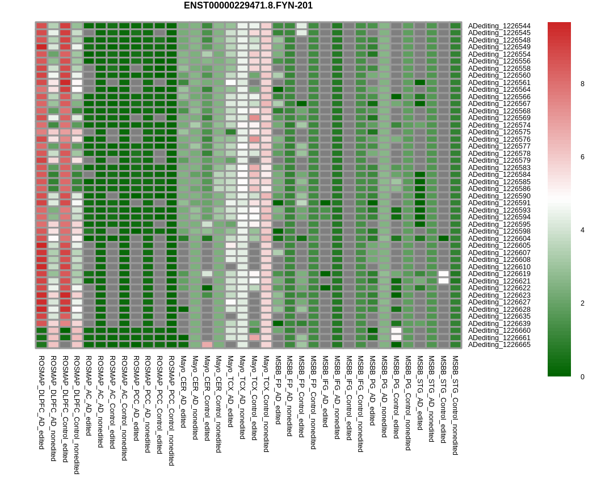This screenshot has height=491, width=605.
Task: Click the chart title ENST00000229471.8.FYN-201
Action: click(x=248, y=6)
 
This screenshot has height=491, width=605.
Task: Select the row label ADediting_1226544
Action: click(x=499, y=26)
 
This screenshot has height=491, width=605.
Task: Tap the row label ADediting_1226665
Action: click(x=499, y=345)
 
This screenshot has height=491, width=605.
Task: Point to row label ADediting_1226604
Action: click(x=499, y=239)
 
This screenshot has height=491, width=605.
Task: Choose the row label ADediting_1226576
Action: click(x=499, y=139)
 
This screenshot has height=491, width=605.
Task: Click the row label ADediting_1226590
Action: click(x=499, y=196)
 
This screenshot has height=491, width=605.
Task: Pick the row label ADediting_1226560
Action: click(x=499, y=75)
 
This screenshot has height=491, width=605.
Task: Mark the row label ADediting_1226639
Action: click(x=499, y=324)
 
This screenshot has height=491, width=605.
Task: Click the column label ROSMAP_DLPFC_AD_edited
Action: click(x=41, y=402)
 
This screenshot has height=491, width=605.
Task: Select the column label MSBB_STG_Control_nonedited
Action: click(x=455, y=405)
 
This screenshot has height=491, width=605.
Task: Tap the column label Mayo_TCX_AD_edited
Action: click(x=231, y=391)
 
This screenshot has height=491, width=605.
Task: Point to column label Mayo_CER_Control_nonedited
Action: click(x=219, y=404)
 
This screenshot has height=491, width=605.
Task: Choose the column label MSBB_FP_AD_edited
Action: click(x=278, y=390)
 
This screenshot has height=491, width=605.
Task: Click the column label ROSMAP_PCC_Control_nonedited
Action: click(x=171, y=410)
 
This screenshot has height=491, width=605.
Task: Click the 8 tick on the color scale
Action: click(x=582, y=84)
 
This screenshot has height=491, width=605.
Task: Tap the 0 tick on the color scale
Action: click(x=582, y=376)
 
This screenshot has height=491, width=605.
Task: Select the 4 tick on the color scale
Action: click(x=582, y=230)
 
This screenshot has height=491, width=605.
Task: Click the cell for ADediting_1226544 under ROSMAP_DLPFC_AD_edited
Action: click(x=41, y=26)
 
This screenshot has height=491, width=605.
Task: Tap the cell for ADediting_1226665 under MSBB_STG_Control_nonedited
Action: click(x=455, y=345)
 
